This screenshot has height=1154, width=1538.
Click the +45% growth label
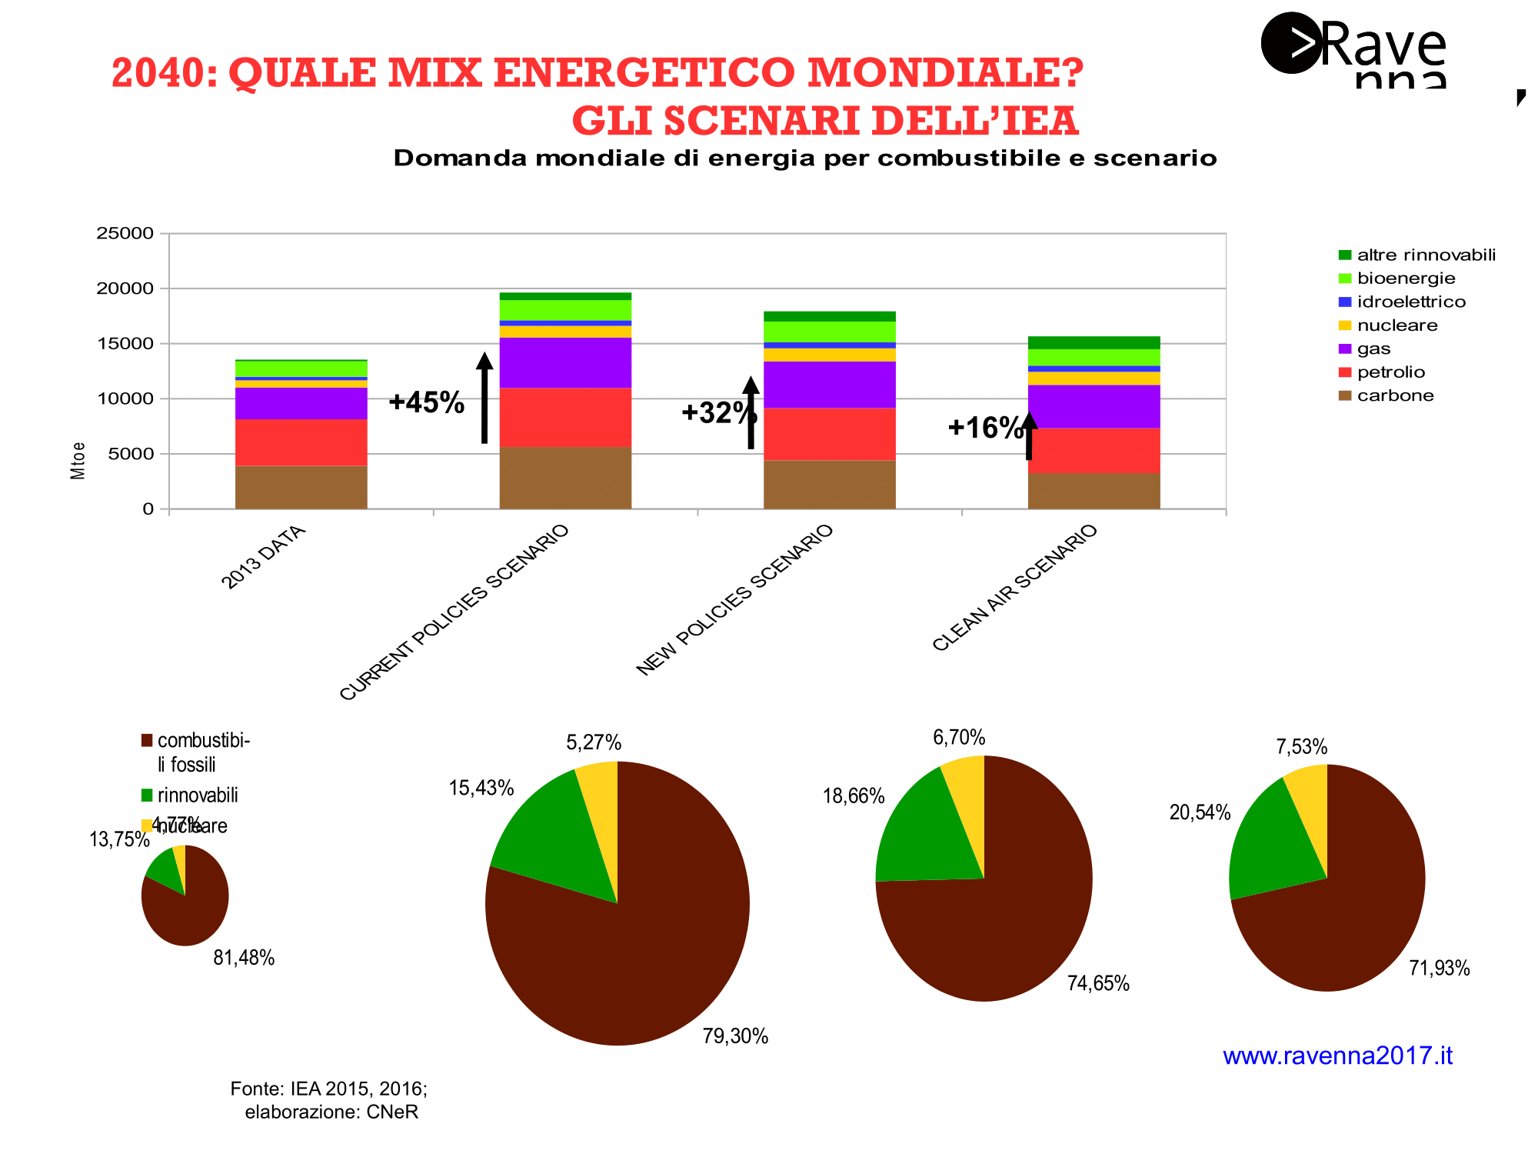coord(427,402)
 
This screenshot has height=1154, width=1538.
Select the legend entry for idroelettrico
coord(1411,302)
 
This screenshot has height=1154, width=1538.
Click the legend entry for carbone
coord(1395,395)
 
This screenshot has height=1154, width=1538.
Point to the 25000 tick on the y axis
coord(125,233)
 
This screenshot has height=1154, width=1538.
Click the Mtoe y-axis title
coord(78,461)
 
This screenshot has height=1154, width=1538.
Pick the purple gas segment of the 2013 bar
coord(301,403)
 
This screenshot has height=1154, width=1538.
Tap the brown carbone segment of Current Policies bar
coord(565,478)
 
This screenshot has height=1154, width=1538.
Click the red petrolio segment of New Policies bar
coord(829,434)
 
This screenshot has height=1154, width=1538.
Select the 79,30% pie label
coord(735,1036)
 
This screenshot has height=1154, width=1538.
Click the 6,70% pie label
coord(959,738)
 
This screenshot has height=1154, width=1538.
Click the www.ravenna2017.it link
coord(1337,1056)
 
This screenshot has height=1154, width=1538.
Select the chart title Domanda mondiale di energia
coord(804,158)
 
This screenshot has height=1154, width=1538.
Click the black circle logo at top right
coord(1291,43)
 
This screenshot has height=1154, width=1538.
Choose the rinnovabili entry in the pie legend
coord(198,795)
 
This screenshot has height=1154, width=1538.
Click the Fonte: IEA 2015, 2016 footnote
coord(329,1089)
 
